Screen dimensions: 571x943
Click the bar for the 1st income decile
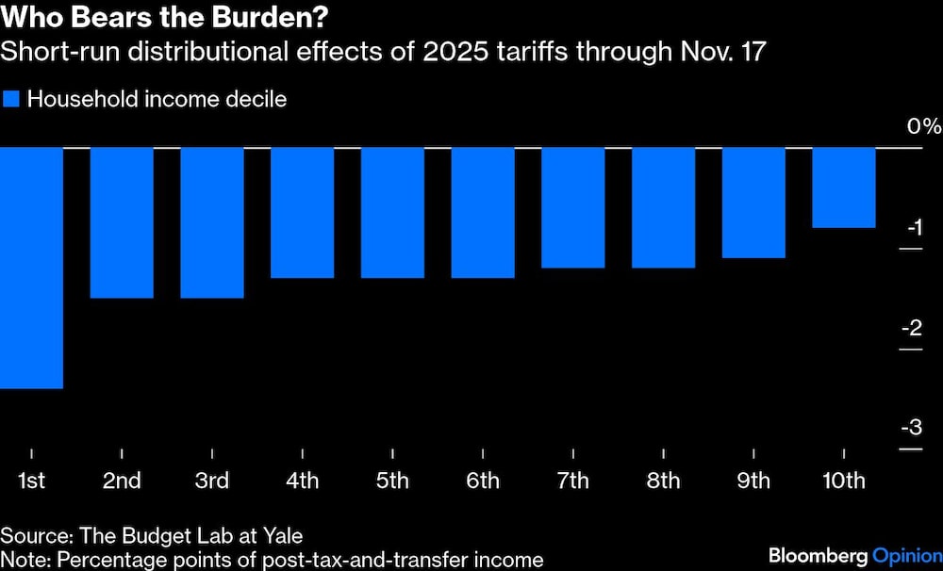[31, 268]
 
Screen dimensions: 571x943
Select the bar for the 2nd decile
[122, 222]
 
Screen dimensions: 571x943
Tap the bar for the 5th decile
[392, 213]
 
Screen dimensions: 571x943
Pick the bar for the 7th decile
[573, 207]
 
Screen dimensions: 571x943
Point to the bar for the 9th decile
[753, 203]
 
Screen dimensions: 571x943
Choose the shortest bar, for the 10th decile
[844, 188]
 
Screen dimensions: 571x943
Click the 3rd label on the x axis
[212, 481]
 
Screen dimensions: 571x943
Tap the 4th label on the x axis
[302, 481]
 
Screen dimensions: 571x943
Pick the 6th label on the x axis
[483, 481]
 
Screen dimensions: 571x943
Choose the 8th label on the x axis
[663, 481]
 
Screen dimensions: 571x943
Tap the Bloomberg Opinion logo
[854, 554]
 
